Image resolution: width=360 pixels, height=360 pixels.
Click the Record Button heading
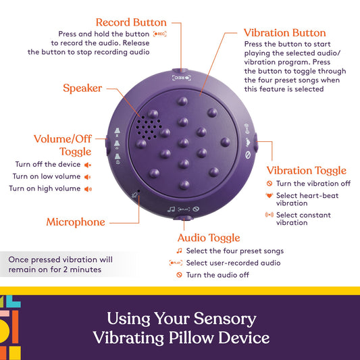pyautogui.click(x=132, y=22)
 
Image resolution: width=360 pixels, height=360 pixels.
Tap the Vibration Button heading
pyautogui.click(x=284, y=32)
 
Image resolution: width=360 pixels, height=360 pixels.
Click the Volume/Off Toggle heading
pyautogui.click(x=62, y=145)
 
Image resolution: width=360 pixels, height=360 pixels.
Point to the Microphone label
pyautogui.click(x=76, y=222)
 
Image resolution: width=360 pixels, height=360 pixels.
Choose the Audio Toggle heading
pyautogui.click(x=209, y=238)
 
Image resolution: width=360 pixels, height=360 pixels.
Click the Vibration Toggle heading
pyautogui.click(x=306, y=170)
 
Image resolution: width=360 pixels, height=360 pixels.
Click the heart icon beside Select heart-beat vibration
pyautogui.click(x=269, y=196)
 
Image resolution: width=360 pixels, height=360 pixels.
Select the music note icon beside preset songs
pyautogui.click(x=179, y=251)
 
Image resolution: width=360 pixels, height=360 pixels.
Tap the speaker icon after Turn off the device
pyautogui.click(x=87, y=164)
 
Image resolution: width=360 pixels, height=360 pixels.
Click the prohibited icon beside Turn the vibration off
pyautogui.click(x=269, y=184)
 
